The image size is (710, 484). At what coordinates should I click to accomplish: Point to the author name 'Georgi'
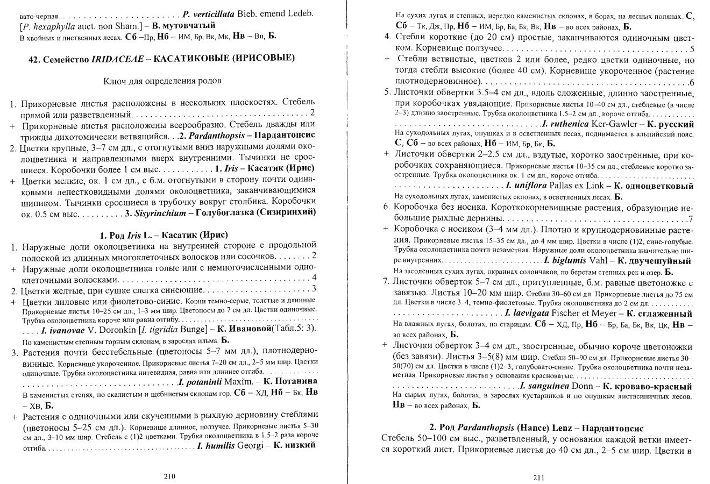tap(251, 445)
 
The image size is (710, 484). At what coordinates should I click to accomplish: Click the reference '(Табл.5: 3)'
tap(297, 329)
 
